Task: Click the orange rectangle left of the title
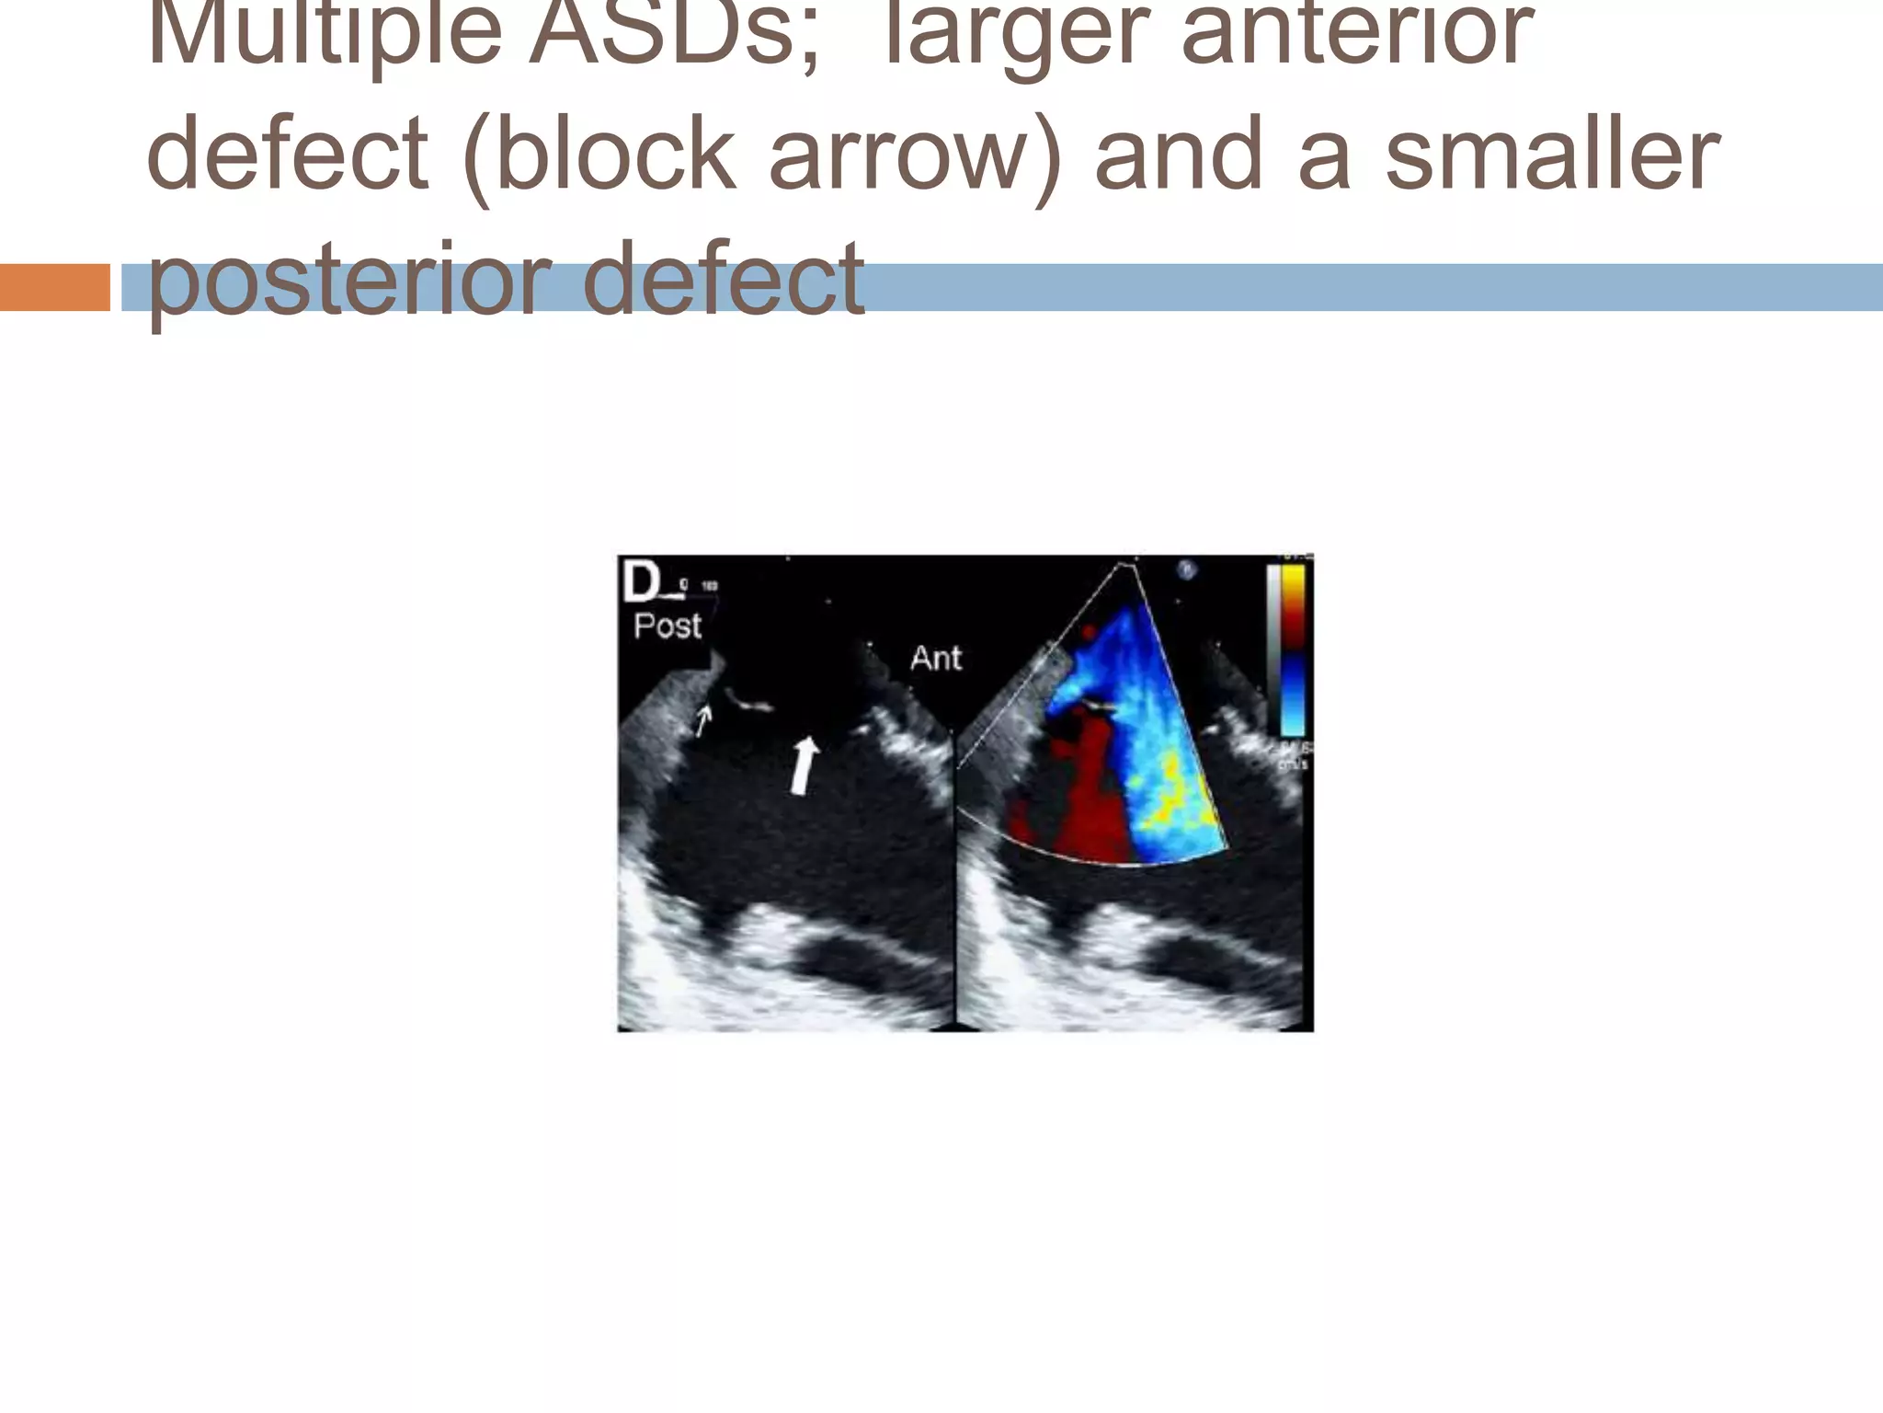point(54,287)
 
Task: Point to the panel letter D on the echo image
point(641,581)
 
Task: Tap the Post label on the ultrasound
point(668,626)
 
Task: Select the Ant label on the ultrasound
point(935,658)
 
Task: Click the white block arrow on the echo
point(804,765)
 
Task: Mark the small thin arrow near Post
point(702,719)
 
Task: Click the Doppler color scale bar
point(1293,649)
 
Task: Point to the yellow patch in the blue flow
point(1168,791)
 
